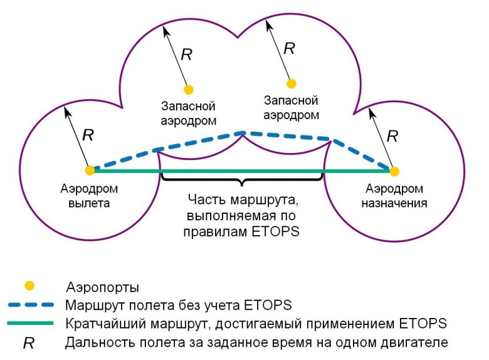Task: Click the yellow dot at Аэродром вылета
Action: [x=90, y=170]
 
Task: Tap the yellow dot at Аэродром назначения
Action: [x=394, y=170]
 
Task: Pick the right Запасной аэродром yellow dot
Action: [x=291, y=83]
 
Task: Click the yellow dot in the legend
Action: [x=29, y=285]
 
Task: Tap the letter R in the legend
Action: [x=28, y=343]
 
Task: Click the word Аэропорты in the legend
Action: [x=102, y=287]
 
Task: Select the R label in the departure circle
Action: [x=88, y=135]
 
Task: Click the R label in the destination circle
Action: [x=392, y=135]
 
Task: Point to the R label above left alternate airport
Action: [x=186, y=55]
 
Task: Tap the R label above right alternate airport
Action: [x=289, y=48]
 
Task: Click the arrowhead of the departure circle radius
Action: [x=65, y=109]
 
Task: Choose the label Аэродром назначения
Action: [x=394, y=195]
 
